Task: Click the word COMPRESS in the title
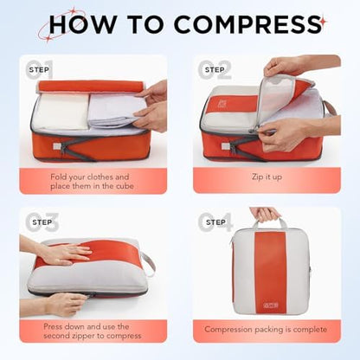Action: point(247,24)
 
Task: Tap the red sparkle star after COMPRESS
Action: point(324,22)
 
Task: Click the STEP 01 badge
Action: point(40,69)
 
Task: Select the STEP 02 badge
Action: point(215,69)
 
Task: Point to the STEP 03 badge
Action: point(42,222)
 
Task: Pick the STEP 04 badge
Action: point(215,222)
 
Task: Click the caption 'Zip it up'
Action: point(267,177)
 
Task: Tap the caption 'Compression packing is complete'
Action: point(266,330)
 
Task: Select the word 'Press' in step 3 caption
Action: point(54,326)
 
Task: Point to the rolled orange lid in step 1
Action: point(91,86)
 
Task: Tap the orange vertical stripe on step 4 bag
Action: point(271,272)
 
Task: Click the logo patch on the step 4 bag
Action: point(271,305)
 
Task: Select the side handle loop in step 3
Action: point(148,264)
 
